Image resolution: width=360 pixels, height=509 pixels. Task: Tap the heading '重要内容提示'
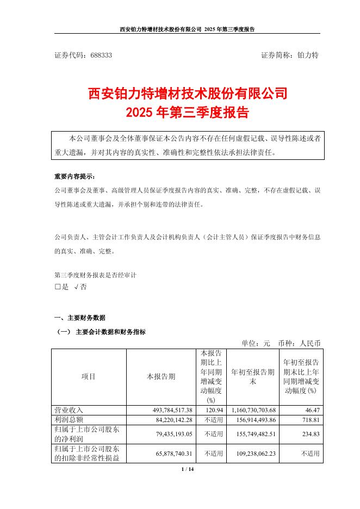[x=75, y=177]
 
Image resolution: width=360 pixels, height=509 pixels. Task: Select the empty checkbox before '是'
[x=57, y=287]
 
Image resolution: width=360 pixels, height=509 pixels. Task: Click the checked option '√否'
[x=80, y=287]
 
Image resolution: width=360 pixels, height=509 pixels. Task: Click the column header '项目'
[x=89, y=376]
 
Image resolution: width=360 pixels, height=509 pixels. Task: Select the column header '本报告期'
[x=161, y=376]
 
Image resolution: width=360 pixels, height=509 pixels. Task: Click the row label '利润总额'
[x=68, y=419]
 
